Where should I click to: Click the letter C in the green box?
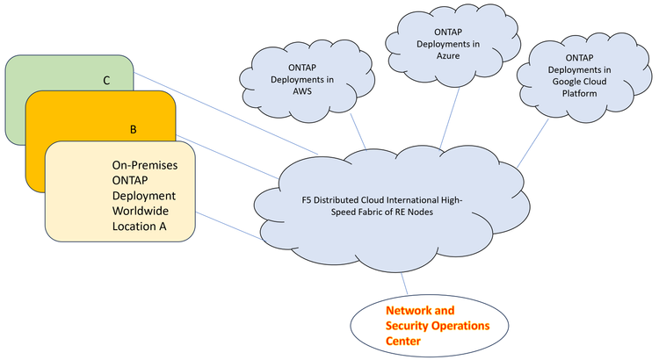[106, 81]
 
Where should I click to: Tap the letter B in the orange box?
[134, 129]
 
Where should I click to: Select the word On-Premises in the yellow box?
[146, 164]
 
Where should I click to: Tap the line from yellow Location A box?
[227, 225]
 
